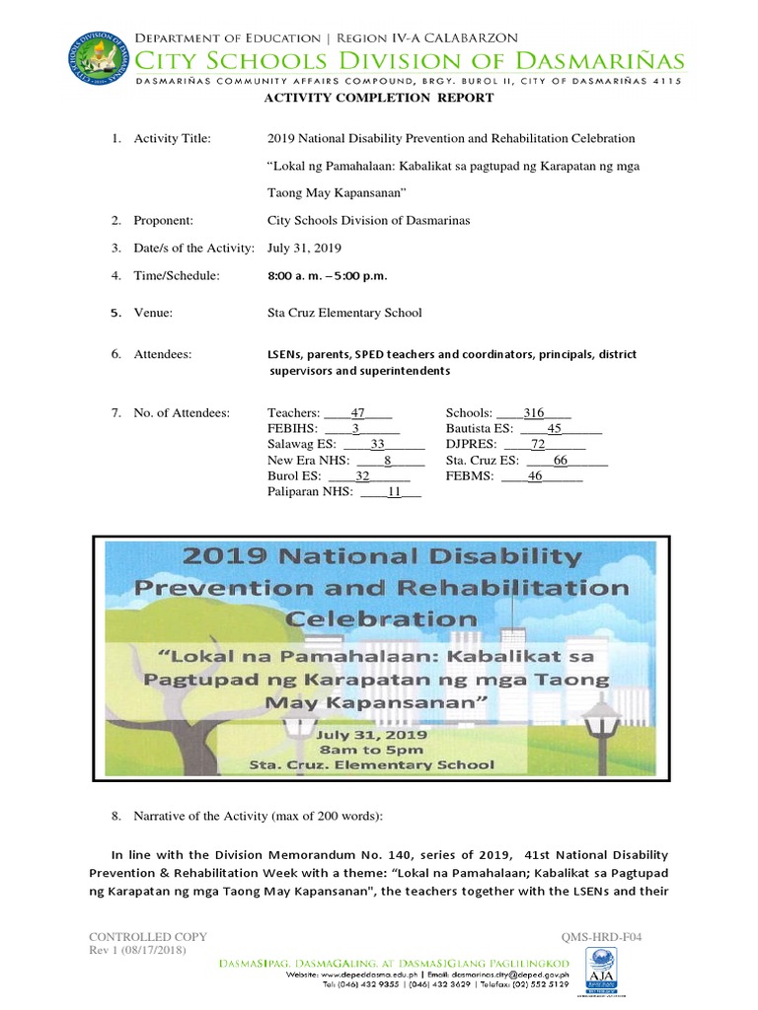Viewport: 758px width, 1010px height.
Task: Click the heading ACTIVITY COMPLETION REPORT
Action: pyautogui.click(x=378, y=99)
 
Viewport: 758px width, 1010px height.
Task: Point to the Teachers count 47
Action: pyautogui.click(x=358, y=413)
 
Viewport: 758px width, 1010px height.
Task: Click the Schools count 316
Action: pyautogui.click(x=534, y=413)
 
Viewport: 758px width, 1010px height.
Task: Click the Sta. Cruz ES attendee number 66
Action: pyautogui.click(x=560, y=461)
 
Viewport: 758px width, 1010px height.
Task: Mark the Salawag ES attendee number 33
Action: pyautogui.click(x=376, y=445)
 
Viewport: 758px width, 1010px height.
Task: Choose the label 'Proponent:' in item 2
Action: pyautogui.click(x=164, y=220)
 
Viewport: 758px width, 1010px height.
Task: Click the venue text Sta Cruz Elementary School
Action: pyautogui.click(x=344, y=313)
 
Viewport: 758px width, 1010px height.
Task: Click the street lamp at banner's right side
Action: pyautogui.click(x=595, y=725)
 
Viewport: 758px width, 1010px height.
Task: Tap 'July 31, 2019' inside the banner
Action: pyautogui.click(x=371, y=735)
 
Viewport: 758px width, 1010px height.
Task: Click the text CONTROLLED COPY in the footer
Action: pyautogui.click(x=148, y=937)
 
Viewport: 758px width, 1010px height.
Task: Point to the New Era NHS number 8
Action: pyautogui.click(x=389, y=461)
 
